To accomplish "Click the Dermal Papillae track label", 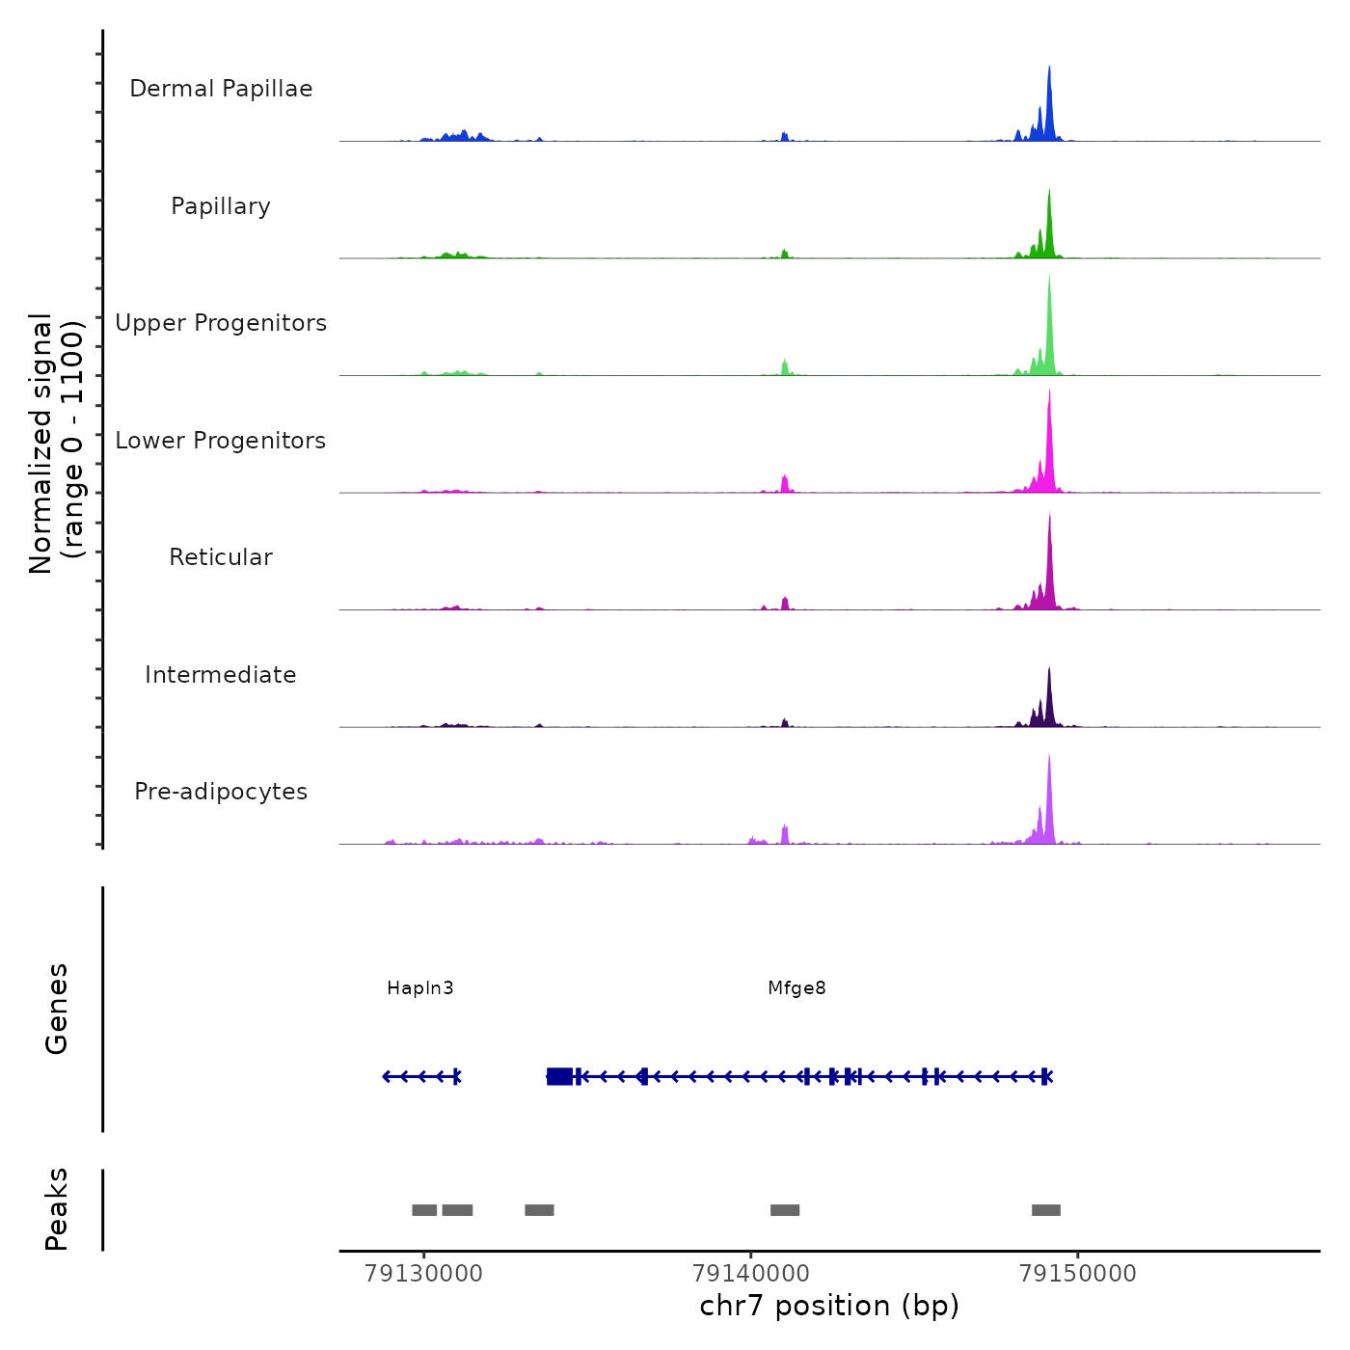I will click(221, 89).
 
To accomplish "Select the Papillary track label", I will click(221, 206).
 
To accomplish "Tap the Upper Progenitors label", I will click(221, 323).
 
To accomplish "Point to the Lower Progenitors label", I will click(221, 441).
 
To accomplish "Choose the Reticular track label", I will click(221, 557).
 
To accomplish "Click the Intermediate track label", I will click(221, 675).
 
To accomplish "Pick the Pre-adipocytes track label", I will click(221, 792).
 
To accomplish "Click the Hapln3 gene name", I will click(419, 988).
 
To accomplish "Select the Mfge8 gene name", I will click(796, 988).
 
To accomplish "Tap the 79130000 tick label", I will click(423, 1274).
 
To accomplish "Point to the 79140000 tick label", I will click(751, 1274).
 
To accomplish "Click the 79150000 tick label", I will click(1078, 1274).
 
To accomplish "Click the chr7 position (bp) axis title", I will click(829, 1306).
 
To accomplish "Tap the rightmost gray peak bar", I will click(1046, 1210).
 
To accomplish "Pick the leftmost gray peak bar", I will click(424, 1210).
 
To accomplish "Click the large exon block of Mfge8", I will click(559, 1076).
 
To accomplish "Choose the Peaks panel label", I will click(57, 1209).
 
